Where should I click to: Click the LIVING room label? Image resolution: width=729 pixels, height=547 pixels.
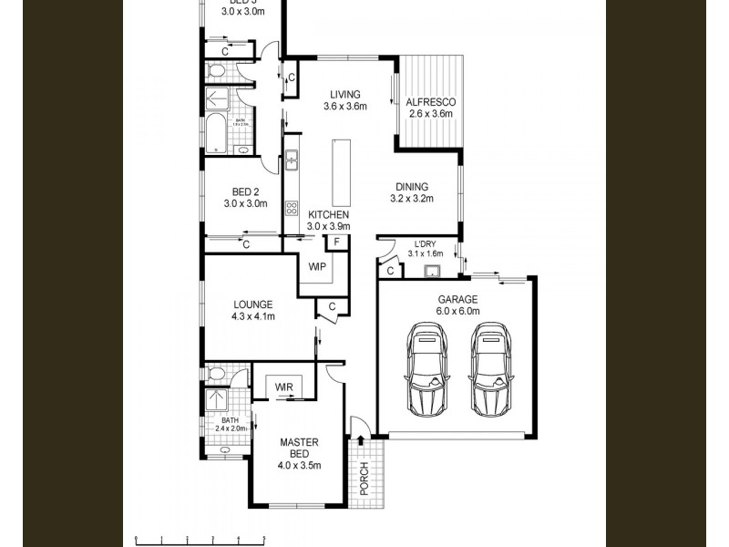point(344,94)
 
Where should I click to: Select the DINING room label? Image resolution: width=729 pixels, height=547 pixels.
point(411,187)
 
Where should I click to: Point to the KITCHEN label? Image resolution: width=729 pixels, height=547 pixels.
point(328,214)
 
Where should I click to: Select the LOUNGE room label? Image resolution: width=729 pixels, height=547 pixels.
point(252,305)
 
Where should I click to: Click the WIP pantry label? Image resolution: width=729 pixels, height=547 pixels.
point(317,267)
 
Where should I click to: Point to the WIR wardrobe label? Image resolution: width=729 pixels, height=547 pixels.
point(284,387)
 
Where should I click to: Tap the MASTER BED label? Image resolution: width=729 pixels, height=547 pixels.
point(299,447)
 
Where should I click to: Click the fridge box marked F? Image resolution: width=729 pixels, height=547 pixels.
point(337,242)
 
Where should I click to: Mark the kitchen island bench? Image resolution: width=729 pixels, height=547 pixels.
point(342,173)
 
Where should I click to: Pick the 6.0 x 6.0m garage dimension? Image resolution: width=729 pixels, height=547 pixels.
point(457,311)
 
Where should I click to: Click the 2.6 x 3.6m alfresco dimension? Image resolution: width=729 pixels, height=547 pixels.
point(429,114)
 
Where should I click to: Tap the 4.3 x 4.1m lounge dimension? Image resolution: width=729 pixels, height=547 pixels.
point(252,317)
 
